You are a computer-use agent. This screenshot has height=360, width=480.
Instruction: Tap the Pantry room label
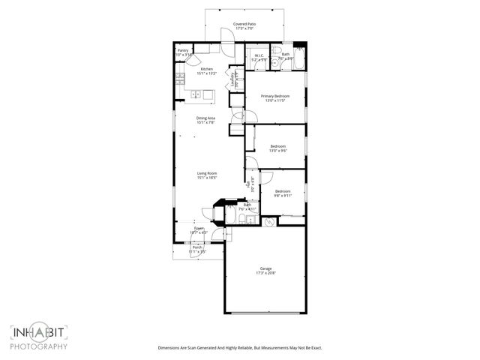[183, 51]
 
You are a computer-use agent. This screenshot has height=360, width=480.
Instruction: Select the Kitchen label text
[207, 69]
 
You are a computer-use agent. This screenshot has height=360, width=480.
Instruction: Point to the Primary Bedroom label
[275, 97]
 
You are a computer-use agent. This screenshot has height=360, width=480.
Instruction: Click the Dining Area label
[206, 118]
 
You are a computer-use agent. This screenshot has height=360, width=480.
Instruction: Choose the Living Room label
[206, 173]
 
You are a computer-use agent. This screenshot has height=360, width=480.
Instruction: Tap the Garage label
[265, 268]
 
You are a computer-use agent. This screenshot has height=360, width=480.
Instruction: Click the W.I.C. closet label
[259, 55]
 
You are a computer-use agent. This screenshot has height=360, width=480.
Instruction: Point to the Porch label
[197, 247]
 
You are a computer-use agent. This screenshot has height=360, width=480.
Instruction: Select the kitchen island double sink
[196, 94]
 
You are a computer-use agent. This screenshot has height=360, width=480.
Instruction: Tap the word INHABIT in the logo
[39, 333]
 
